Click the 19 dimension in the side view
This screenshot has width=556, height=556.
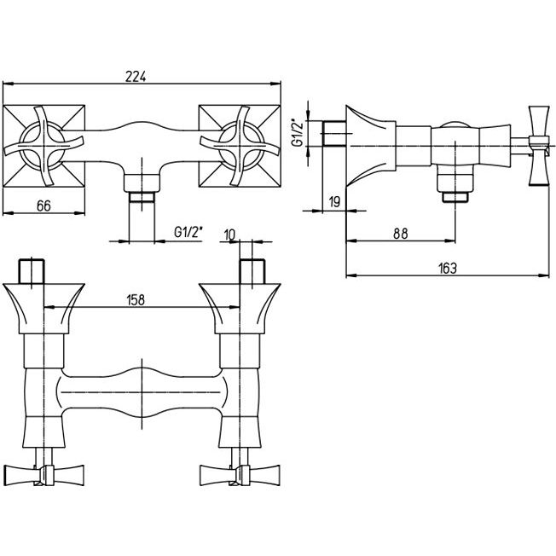pyautogui.click(x=334, y=201)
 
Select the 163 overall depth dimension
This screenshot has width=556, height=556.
pyautogui.click(x=447, y=267)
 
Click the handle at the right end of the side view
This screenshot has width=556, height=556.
pyautogui.click(x=537, y=147)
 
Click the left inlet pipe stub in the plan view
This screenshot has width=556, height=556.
pyautogui.click(x=32, y=270)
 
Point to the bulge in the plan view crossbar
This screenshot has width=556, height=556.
pyautogui.click(x=141, y=392)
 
